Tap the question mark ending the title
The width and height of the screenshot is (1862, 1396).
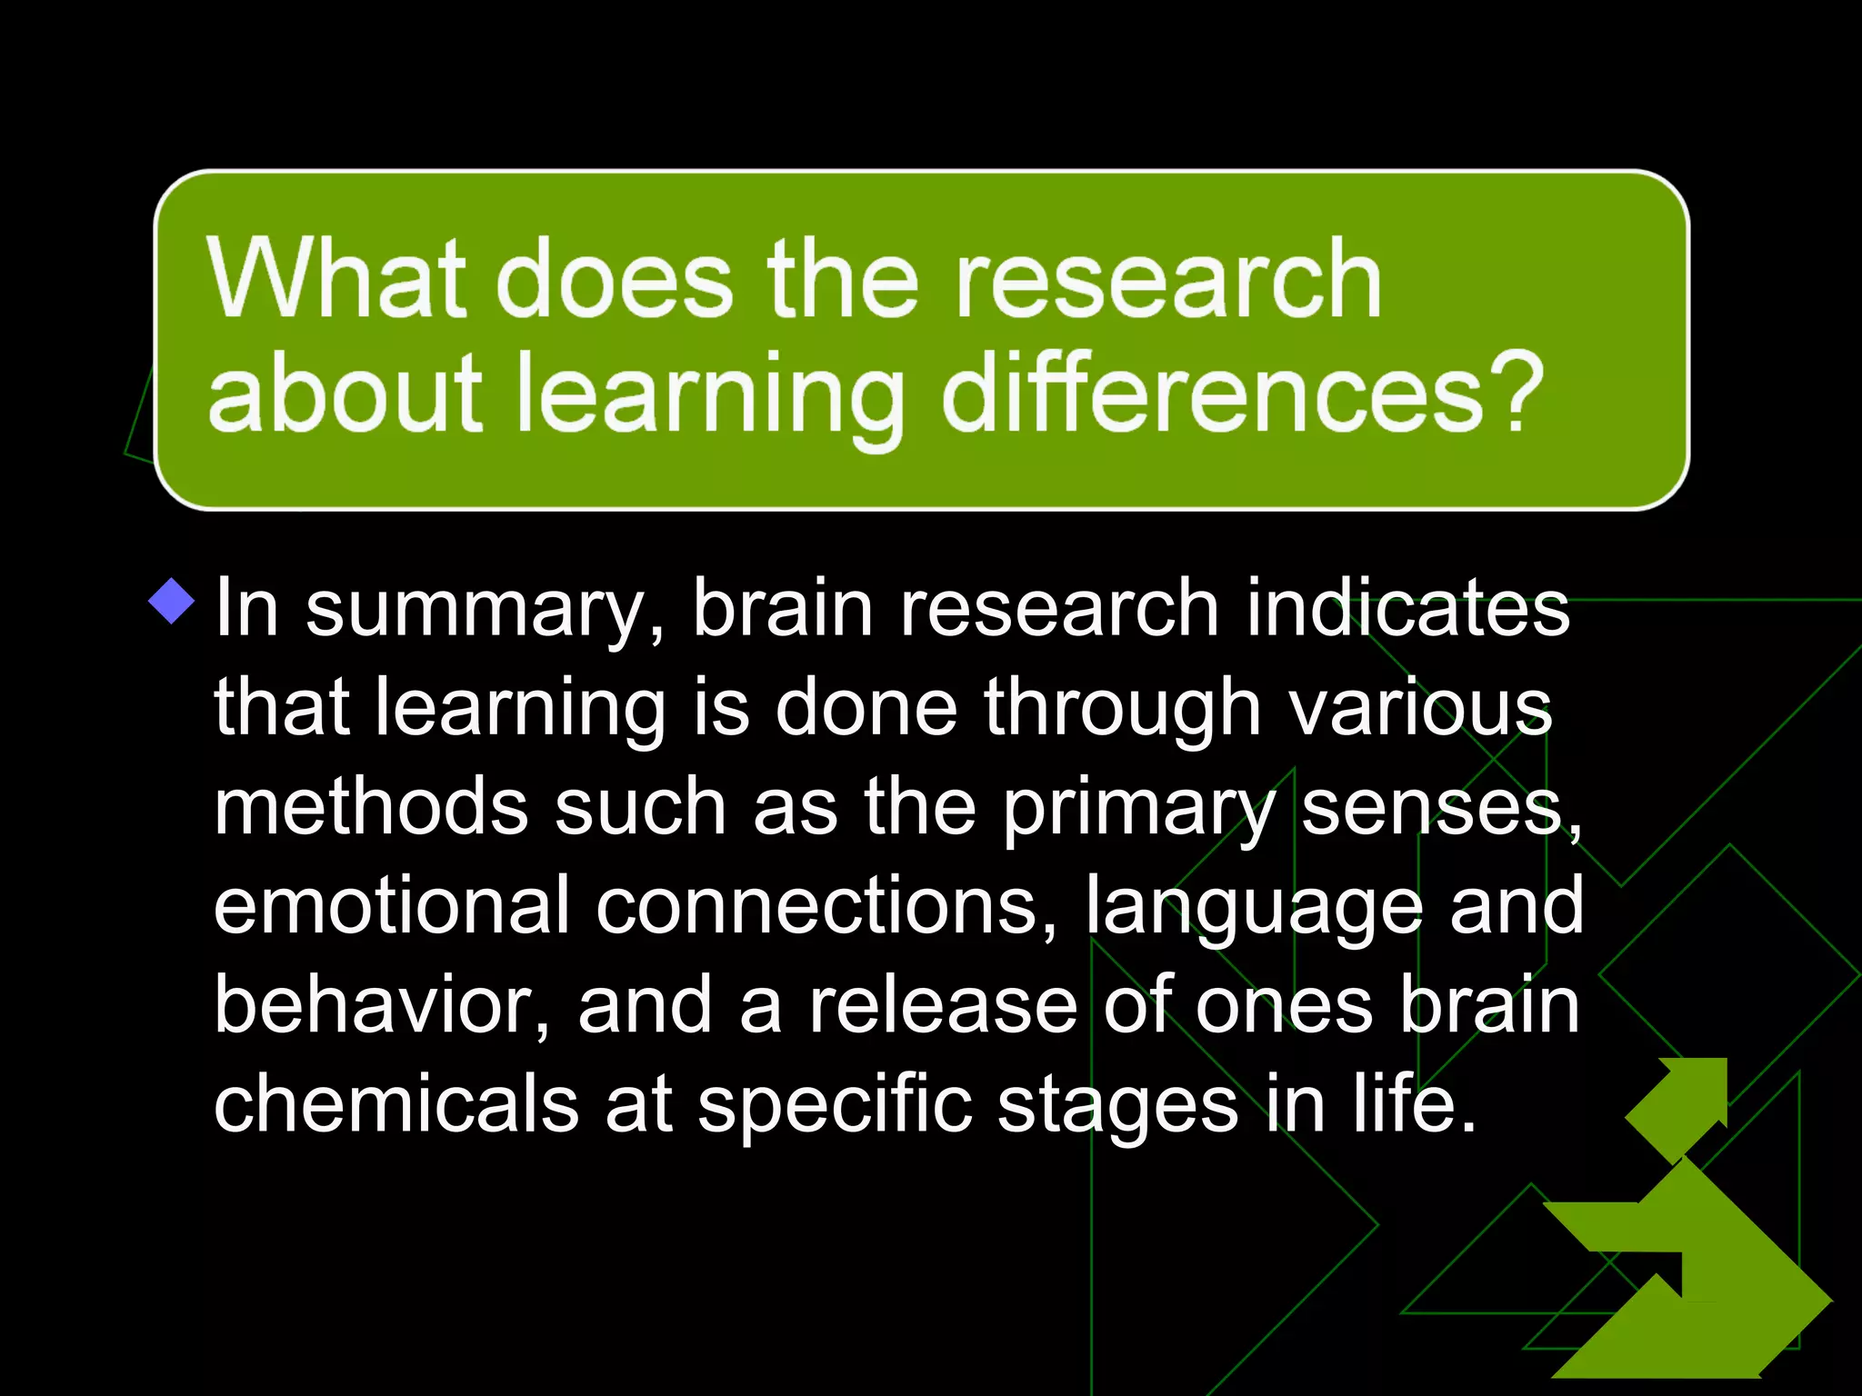1517,393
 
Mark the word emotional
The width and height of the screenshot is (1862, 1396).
392,905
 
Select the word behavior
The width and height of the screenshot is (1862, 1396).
380,1005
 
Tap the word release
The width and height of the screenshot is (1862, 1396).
944,1005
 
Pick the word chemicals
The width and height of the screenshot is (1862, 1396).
396,1103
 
